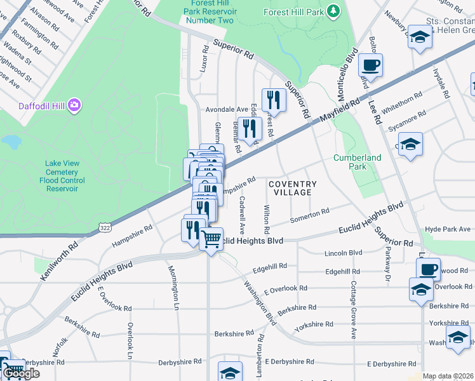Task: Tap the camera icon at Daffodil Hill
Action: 74,104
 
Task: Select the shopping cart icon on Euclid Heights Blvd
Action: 211,239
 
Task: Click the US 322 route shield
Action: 105,226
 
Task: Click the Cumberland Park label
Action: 358,162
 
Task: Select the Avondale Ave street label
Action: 226,109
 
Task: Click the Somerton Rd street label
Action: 309,216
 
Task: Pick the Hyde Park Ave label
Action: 446,229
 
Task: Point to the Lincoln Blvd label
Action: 342,253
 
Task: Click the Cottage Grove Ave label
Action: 352,309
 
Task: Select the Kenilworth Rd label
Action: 65,252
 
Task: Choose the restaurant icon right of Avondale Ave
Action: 274,100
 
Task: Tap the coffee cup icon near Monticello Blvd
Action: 370,64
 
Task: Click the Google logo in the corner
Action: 20,373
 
